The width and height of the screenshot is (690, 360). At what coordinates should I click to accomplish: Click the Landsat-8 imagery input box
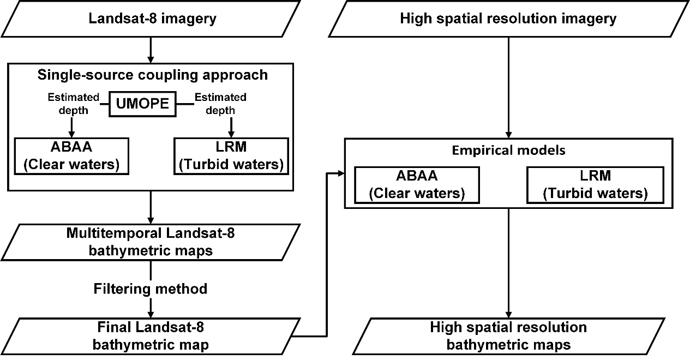[x=152, y=19]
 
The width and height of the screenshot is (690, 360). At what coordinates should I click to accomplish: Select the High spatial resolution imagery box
[x=508, y=19]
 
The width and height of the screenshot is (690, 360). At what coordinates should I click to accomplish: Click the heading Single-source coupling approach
[x=153, y=75]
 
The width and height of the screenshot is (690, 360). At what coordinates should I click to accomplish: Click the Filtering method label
[x=151, y=288]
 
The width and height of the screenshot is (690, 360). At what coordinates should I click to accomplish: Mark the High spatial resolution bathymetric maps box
[x=508, y=336]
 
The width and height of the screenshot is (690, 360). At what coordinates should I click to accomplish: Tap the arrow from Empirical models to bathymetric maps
[x=508, y=262]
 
